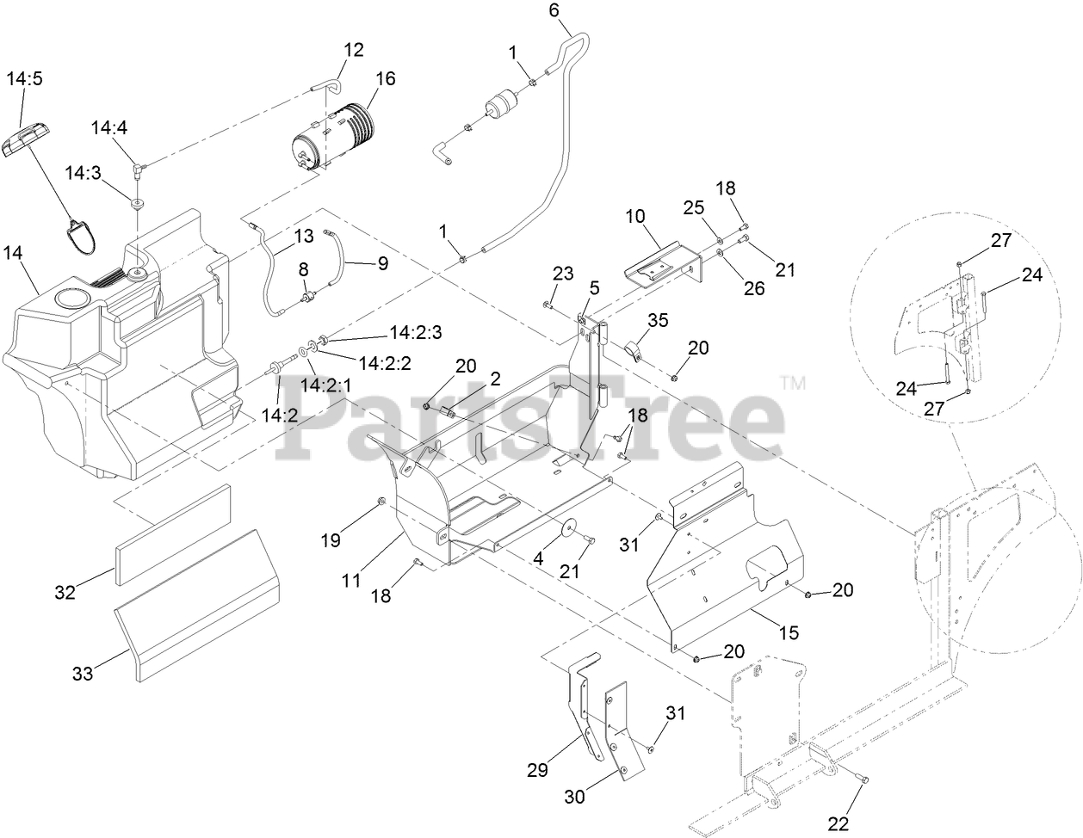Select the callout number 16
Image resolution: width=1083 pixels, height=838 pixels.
click(x=385, y=79)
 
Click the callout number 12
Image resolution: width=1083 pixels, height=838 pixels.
click(x=354, y=49)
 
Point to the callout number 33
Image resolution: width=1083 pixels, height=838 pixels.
click(x=82, y=674)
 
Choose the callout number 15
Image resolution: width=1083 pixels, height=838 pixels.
click(x=789, y=632)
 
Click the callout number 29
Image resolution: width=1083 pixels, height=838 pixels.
click(x=537, y=770)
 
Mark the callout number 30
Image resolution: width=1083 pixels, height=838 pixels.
click(x=573, y=797)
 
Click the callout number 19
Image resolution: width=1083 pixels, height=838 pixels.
click(x=331, y=539)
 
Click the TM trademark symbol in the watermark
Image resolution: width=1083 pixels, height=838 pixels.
click(x=792, y=383)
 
